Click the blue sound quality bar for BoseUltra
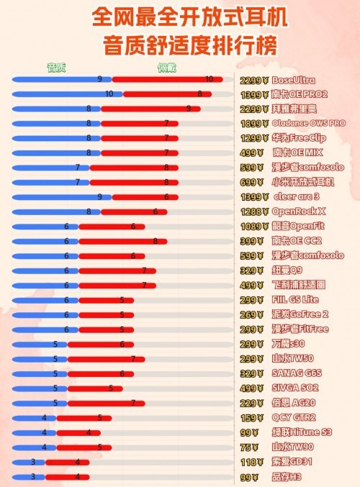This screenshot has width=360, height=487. tap(61, 79)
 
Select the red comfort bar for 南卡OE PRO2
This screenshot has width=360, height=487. tap(167, 94)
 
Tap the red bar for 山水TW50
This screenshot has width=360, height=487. tap(101, 358)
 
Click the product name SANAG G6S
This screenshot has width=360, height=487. tap(297, 373)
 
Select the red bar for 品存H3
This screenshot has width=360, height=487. tap(67, 476)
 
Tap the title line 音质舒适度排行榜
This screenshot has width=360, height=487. tap(179, 45)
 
